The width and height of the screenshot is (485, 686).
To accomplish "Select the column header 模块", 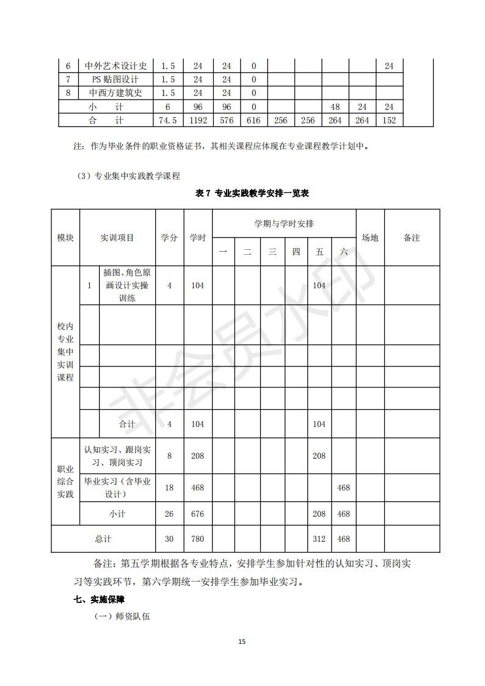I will coord(65,238).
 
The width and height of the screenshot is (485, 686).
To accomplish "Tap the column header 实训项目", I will coord(117,238).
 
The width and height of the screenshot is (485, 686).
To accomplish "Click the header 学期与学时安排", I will coord(284,224).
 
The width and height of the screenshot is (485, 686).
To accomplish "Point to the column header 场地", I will coord(370,238).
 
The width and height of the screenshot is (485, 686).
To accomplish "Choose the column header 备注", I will coord(412,238).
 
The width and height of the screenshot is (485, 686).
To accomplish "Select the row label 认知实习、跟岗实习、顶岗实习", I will coord(117,456).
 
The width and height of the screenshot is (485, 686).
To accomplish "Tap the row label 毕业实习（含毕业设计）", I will coord(117,487).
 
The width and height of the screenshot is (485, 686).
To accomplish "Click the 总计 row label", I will coord(103,539).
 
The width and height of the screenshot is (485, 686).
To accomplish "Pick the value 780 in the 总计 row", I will coord(198,539).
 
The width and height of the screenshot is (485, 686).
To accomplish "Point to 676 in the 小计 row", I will coord(198,514).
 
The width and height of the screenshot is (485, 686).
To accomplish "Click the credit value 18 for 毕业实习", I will coord(169,487).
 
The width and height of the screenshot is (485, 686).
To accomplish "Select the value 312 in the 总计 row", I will coord(319,539).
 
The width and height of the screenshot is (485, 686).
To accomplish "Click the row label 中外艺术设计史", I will coord(115,66).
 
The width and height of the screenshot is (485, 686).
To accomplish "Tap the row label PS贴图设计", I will coord(115,79).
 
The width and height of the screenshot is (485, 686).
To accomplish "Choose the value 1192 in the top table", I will coord(198,120).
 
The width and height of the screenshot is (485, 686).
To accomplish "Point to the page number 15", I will coord(242,641).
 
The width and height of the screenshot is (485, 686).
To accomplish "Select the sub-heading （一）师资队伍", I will coord(122,617).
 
